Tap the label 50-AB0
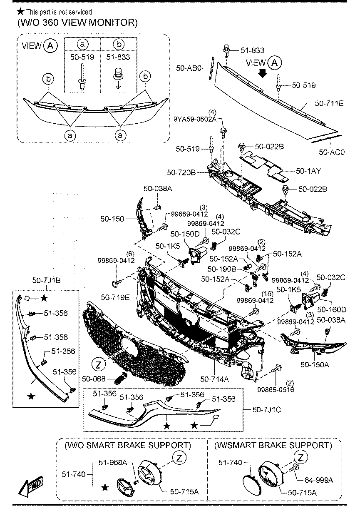pos(189,67)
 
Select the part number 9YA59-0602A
pos(194,120)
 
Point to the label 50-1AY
pos(308,170)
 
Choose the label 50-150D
pos(184,234)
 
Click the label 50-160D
pos(331,309)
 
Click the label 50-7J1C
pos(266,410)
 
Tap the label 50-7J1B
pos(43,281)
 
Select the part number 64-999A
pos(319,480)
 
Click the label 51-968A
pos(113,462)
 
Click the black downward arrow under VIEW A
pos(262,73)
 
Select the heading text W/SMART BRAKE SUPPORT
pos(273,445)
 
